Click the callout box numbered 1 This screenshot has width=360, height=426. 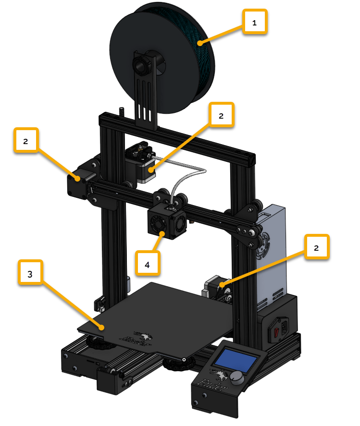(x=255, y=22)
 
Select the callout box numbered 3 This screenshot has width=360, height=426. (x=30, y=272)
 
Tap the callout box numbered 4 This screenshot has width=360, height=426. (x=148, y=264)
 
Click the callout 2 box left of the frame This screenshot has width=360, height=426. (x=26, y=140)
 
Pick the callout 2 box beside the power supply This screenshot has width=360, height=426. (x=317, y=247)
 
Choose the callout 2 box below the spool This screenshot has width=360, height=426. (x=221, y=115)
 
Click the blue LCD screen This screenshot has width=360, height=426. (x=236, y=361)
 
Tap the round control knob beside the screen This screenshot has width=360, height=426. (x=236, y=378)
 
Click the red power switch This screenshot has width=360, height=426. (x=276, y=332)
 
